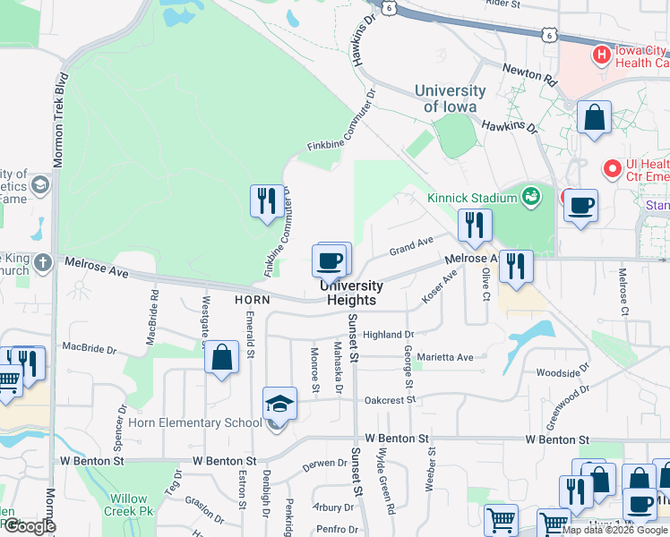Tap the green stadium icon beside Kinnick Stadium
coord(530,195)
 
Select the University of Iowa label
coord(450,98)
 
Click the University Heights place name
coord(352,293)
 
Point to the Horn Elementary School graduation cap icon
coord(279,405)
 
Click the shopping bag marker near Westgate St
coord(222,358)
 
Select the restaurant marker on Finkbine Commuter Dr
coord(266,200)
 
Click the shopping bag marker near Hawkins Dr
coord(593,117)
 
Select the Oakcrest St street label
coord(386,398)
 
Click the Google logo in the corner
coord(30,526)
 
